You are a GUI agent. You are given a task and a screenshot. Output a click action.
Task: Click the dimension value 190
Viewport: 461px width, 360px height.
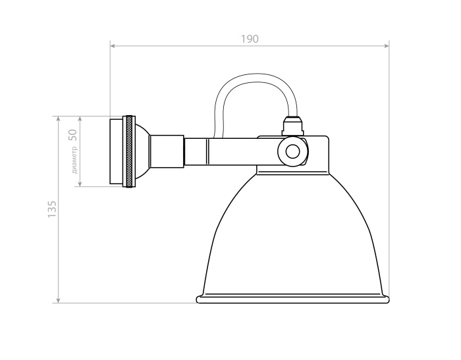[x=249, y=38]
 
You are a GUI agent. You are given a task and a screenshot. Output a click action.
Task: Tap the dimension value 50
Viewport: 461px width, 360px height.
[x=73, y=135]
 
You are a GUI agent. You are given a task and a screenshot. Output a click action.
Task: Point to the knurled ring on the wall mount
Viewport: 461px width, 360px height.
[x=130, y=151]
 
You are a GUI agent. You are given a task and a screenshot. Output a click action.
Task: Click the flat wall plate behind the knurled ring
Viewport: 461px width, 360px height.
[x=116, y=151]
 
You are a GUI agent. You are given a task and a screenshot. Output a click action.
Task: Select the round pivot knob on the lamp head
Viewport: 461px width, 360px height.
[x=292, y=152]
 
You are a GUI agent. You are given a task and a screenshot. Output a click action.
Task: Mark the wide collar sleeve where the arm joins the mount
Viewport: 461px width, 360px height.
[x=167, y=151]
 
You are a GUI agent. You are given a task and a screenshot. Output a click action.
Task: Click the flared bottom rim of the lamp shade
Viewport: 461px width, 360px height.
[x=293, y=299]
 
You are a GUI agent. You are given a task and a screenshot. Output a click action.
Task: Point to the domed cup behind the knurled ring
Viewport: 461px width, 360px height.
[x=142, y=151]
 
